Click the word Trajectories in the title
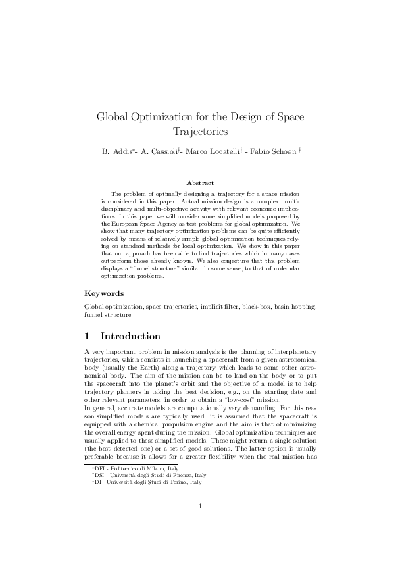pyautogui.click(x=200, y=131)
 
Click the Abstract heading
pyautogui.click(x=200, y=183)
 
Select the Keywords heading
pyautogui.click(x=104, y=293)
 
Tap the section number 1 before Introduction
pyautogui.click(x=87, y=336)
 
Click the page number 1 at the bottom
pyautogui.click(x=201, y=524)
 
